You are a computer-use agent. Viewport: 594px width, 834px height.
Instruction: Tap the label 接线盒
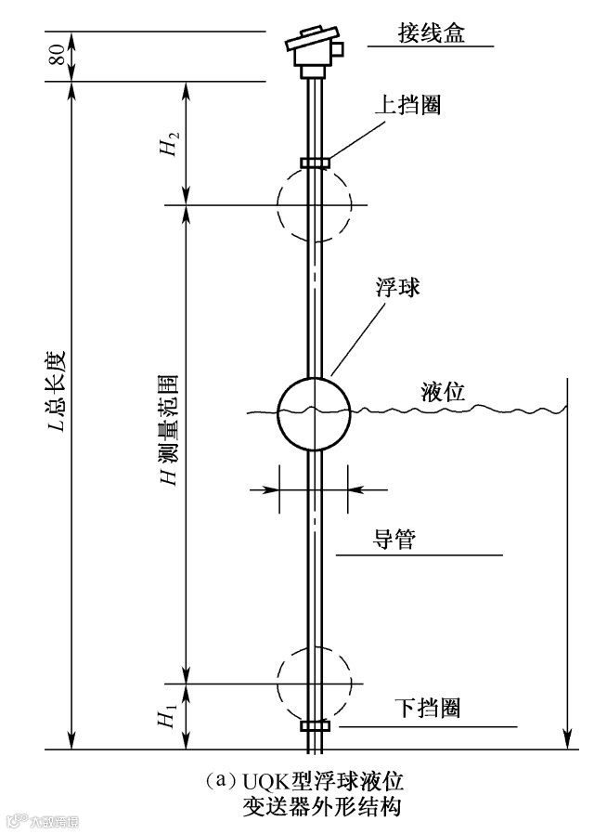click(429, 34)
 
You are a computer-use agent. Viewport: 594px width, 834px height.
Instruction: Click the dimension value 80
click(58, 56)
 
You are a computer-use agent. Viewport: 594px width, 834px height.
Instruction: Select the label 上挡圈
click(407, 105)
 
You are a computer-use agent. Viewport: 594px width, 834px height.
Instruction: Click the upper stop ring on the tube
click(315, 163)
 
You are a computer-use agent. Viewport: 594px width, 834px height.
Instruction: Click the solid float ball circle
click(315, 410)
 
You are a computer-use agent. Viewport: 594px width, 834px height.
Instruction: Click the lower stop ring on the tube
click(315, 725)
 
